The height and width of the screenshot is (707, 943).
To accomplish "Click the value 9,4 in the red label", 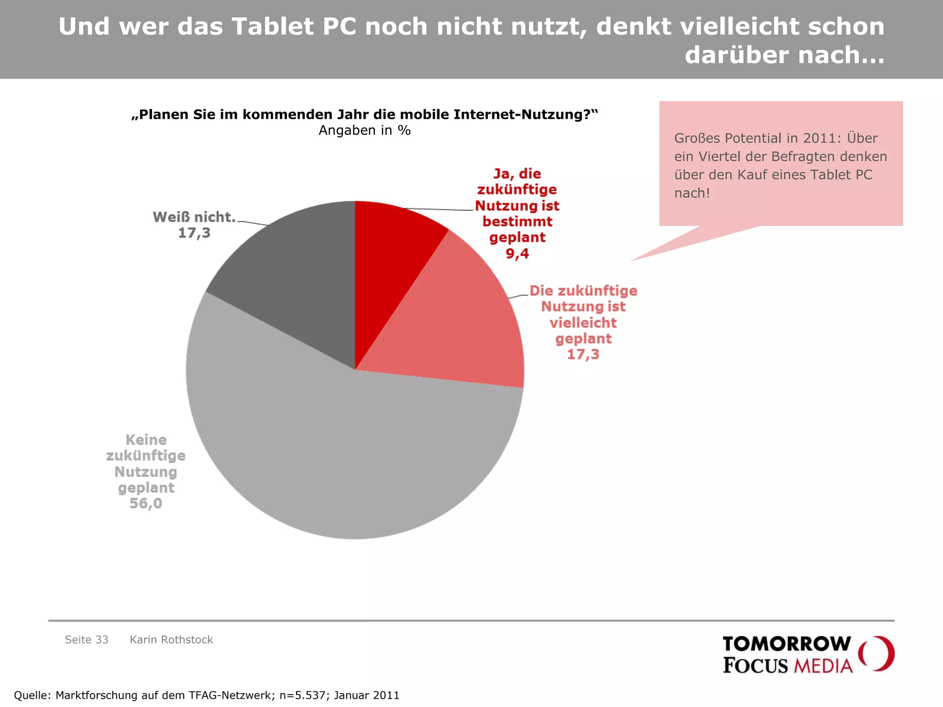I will [x=517, y=254].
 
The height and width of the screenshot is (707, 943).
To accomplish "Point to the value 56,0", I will [x=146, y=504].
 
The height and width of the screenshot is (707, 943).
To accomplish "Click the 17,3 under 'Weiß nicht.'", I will [x=194, y=233].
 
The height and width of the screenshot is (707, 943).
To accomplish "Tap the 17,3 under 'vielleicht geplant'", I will [x=583, y=354].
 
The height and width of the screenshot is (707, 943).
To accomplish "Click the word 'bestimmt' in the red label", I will [x=517, y=222].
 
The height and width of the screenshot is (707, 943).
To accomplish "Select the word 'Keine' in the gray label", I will [x=146, y=440].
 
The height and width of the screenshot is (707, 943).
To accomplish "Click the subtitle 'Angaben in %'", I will [x=364, y=131].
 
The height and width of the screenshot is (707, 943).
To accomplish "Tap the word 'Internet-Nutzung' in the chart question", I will [x=524, y=115].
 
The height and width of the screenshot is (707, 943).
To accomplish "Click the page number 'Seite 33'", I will [x=87, y=640].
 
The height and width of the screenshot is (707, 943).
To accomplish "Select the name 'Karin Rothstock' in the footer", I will [x=171, y=640].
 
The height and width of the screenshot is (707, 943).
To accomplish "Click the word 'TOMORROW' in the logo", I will [x=786, y=644].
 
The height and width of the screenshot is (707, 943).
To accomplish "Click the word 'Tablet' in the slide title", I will [x=273, y=27].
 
